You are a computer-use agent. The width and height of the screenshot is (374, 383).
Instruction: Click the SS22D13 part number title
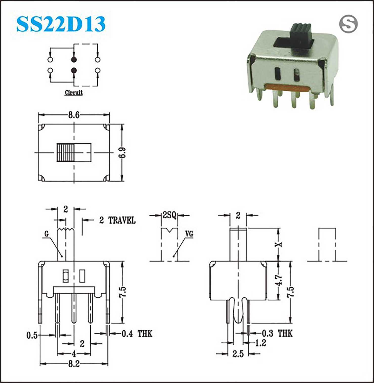click(x=61, y=24)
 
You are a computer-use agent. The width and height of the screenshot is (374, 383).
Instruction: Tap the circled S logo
click(x=348, y=24)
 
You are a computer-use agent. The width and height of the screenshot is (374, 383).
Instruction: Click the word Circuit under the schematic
click(x=74, y=93)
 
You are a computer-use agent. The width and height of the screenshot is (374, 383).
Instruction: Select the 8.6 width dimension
click(x=74, y=115)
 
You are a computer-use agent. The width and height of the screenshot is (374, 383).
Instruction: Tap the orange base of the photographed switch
click(x=288, y=88)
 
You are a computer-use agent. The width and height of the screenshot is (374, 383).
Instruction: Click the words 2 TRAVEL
click(x=117, y=220)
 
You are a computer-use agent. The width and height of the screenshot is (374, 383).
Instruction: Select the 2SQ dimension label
click(x=169, y=215)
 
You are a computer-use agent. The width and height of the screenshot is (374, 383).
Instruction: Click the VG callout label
click(x=189, y=234)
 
